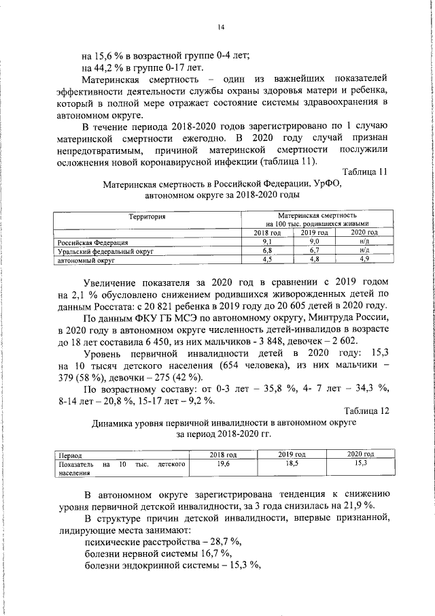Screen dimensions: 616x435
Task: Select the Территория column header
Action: [x=147, y=216]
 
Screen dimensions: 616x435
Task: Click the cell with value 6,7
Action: [x=315, y=250]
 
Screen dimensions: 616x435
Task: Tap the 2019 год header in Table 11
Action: [x=315, y=233]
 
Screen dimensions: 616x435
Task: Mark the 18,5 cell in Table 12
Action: [x=292, y=463]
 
